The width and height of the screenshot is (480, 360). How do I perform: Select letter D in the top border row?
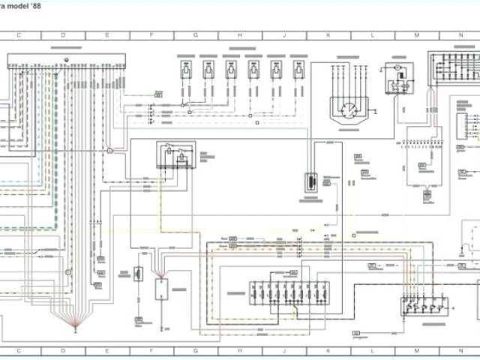(x=63, y=35)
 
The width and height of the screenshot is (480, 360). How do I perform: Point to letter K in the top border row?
(x=328, y=35)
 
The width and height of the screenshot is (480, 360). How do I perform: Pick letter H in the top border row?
(x=240, y=35)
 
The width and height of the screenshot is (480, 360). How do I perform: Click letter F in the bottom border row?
(x=151, y=350)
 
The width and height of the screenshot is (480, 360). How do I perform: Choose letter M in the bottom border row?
(x=416, y=350)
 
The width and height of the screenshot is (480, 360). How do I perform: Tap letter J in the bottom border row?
(x=284, y=350)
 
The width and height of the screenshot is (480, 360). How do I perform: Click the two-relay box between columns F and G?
(x=175, y=155)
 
